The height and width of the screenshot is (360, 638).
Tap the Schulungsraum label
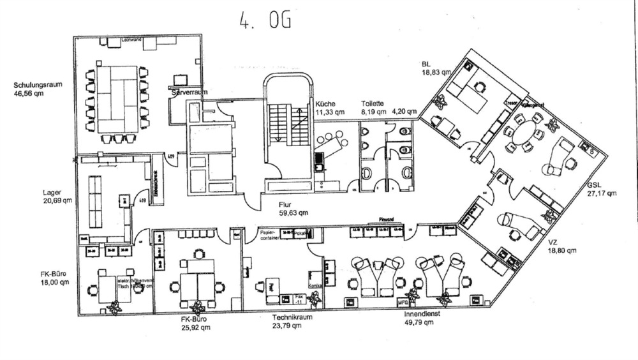[38, 84]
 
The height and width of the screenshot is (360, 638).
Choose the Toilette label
[372, 103]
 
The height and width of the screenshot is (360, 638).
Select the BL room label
[426, 64]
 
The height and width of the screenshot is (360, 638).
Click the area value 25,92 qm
[196, 327]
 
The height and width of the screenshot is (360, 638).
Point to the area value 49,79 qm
[419, 323]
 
